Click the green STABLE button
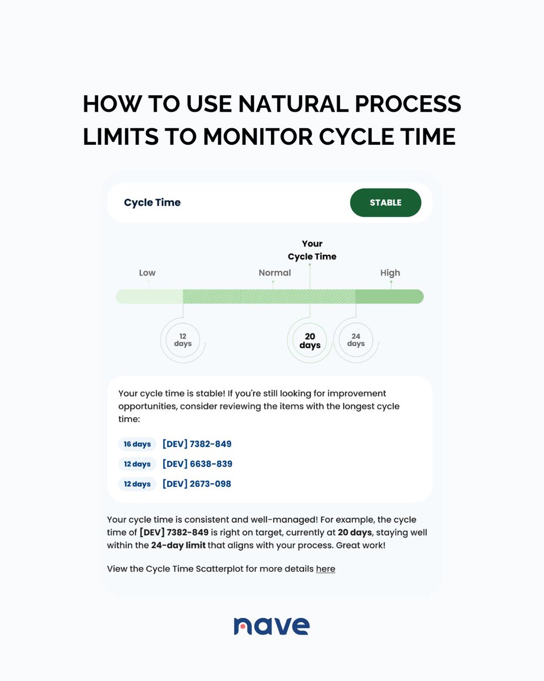click(385, 203)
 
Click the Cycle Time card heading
click(152, 203)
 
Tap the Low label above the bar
click(147, 272)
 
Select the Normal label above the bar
click(275, 272)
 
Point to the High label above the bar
click(390, 272)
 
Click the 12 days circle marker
click(183, 340)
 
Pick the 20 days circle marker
click(310, 340)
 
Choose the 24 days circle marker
click(355, 340)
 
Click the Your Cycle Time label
click(312, 250)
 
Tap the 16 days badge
click(137, 444)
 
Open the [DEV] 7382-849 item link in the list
click(197, 444)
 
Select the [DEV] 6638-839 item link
click(197, 464)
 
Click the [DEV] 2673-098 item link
click(197, 484)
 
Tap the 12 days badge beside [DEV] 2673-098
click(137, 484)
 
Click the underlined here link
click(325, 568)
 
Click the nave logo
click(271, 625)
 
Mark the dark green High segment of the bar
click(389, 296)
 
